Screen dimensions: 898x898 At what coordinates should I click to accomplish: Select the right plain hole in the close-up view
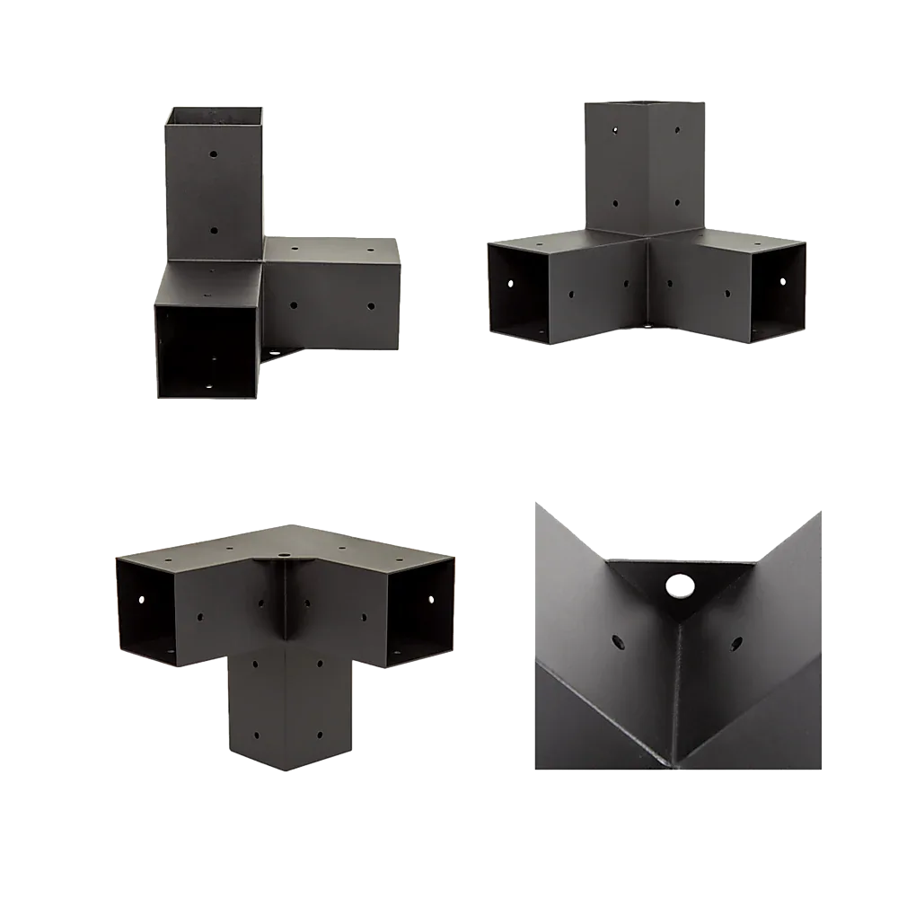tap(736, 643)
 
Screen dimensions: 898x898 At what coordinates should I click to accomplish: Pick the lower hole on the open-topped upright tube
tap(215, 231)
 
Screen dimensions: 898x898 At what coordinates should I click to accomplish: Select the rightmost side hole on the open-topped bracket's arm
tap(371, 306)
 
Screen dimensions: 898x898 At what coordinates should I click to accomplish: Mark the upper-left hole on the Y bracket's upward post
tap(616, 129)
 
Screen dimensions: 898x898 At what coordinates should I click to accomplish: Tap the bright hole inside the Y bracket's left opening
tap(511, 282)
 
